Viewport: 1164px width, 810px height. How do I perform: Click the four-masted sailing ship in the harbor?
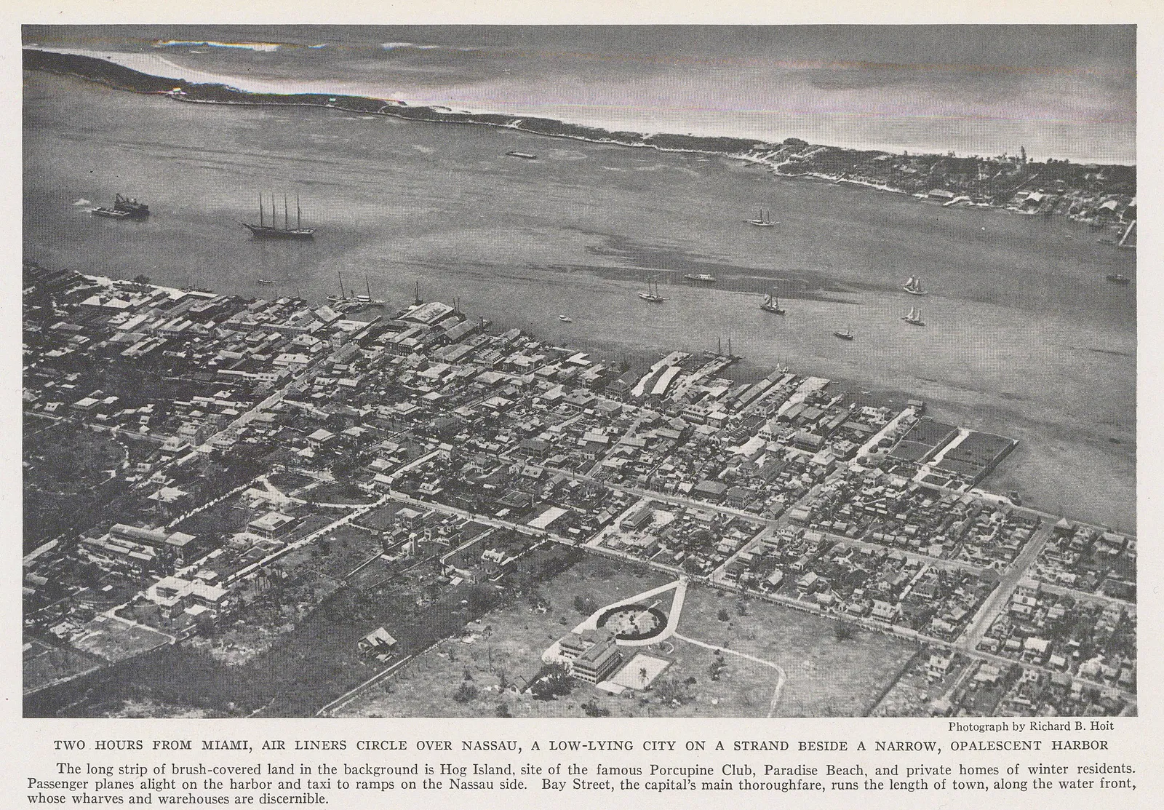tap(280, 217)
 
